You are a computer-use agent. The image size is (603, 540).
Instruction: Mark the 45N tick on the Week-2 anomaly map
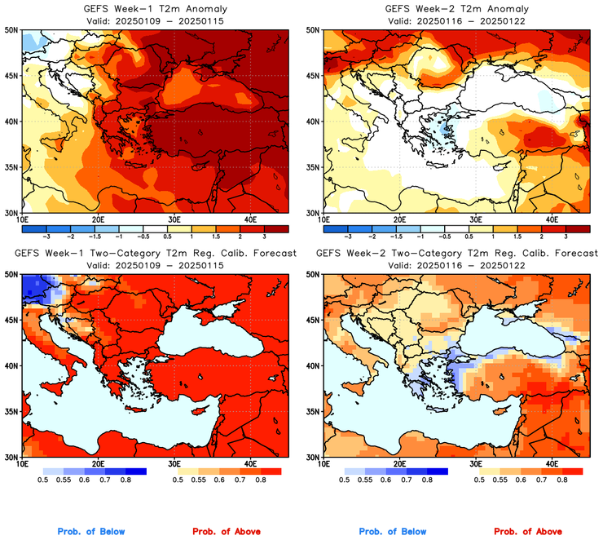[314, 76]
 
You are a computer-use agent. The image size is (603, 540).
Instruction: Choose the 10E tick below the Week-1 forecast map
[22, 465]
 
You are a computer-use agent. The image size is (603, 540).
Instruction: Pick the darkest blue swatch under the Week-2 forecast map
[437, 471]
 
